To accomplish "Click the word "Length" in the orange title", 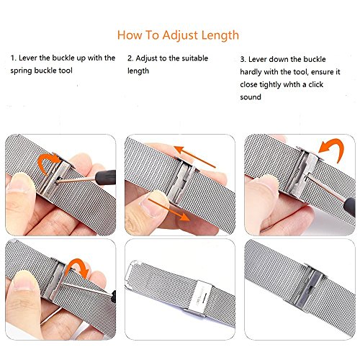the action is (220, 36).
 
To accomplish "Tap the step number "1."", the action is (14, 58).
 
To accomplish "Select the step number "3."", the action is (243, 59).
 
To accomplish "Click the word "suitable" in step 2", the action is (195, 58).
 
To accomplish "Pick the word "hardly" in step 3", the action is (251, 72).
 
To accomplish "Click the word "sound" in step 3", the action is (251, 97).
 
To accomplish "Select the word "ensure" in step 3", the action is (323, 72).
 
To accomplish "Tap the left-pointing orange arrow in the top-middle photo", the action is (195, 156).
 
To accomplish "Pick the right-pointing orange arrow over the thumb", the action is (168, 209).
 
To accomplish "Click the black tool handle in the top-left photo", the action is (106, 177).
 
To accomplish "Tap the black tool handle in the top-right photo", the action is (349, 207).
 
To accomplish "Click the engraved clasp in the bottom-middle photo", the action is (201, 297).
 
